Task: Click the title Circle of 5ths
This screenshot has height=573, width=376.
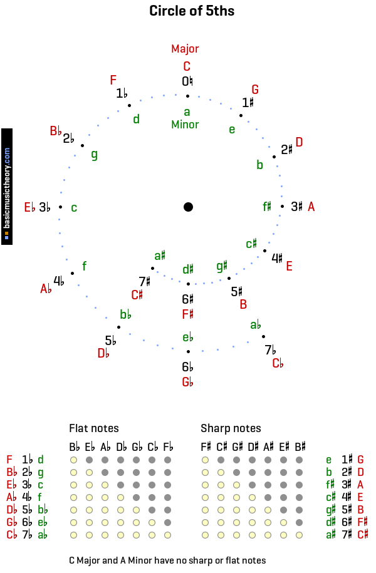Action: tap(192, 11)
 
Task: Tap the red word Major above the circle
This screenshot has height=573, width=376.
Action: tap(185, 49)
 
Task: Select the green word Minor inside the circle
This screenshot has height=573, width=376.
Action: tap(185, 125)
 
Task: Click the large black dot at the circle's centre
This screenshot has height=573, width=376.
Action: tap(188, 207)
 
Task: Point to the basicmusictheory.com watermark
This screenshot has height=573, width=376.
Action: tap(7, 187)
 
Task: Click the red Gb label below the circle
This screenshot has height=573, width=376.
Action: tap(187, 382)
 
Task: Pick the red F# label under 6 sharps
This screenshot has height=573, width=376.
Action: tap(187, 314)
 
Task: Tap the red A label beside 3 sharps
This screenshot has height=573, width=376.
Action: tap(311, 207)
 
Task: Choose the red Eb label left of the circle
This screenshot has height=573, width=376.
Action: tap(29, 207)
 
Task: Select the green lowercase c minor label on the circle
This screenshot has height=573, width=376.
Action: tap(74, 208)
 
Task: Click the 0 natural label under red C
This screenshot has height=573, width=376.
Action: tap(187, 81)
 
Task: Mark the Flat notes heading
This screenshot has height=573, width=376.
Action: tap(94, 428)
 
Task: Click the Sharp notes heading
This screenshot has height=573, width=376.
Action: tap(231, 428)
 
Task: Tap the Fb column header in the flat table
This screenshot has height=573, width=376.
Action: tap(168, 447)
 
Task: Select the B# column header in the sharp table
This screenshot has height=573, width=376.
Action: tap(300, 447)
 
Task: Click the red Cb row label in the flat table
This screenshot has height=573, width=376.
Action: tap(12, 535)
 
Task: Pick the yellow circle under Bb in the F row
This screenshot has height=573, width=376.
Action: tap(73, 460)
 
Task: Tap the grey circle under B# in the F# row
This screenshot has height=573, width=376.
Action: tap(299, 522)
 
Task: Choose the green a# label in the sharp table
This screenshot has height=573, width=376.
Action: tap(331, 535)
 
